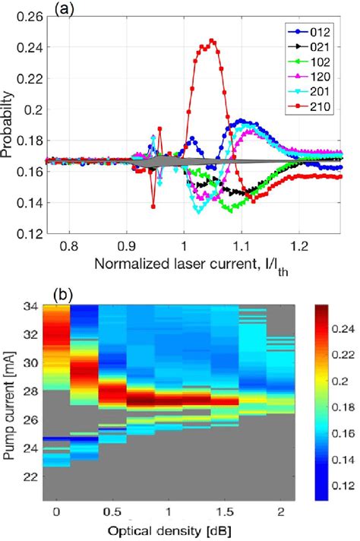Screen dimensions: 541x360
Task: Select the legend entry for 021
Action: point(314,47)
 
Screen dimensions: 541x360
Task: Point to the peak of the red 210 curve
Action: point(212,41)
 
